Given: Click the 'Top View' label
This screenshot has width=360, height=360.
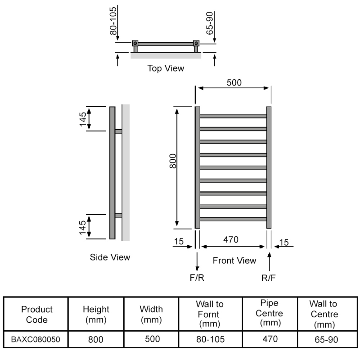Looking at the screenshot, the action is click(166, 68).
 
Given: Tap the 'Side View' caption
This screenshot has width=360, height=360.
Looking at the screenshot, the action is click(110, 257).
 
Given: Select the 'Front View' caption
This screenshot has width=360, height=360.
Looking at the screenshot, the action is click(234, 261).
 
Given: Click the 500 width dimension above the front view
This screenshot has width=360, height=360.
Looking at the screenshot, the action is click(234, 83).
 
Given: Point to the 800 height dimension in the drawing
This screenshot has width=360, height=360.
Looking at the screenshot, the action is click(173, 161).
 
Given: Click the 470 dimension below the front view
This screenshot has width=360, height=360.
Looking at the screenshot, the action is click(231, 240).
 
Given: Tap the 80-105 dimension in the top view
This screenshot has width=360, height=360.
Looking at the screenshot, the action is click(113, 21).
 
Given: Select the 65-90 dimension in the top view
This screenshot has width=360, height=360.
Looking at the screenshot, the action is click(210, 23).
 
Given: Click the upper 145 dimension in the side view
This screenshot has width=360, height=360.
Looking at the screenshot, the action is click(83, 119).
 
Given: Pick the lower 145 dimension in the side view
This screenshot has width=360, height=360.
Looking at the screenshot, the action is click(83, 228).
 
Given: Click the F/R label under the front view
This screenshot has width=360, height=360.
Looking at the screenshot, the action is click(197, 278).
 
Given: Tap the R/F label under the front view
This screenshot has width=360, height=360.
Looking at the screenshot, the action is click(268, 278).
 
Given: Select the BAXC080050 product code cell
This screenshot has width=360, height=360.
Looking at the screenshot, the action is click(36, 339).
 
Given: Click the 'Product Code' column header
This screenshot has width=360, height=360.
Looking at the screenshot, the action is click(37, 314).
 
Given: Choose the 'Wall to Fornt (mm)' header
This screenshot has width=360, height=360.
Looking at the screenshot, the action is click(210, 314).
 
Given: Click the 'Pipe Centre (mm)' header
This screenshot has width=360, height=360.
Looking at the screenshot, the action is click(269, 313).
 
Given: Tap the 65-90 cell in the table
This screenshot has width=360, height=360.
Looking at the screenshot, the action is click(326, 340).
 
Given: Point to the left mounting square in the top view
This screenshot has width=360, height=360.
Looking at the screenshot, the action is click(135, 43).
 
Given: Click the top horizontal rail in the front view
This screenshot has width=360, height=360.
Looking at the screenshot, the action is click(233, 116).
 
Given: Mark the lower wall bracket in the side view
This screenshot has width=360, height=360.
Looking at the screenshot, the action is click(118, 216).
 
